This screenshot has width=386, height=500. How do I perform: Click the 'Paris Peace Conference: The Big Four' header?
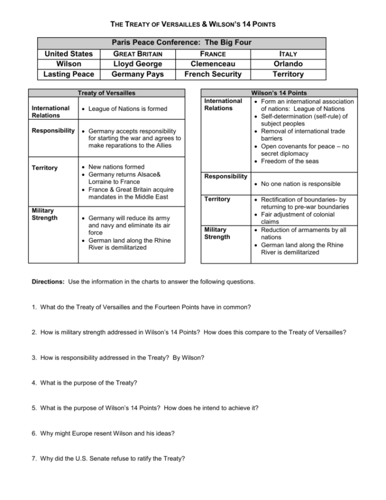(181, 43)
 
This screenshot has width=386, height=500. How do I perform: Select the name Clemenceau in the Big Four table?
(213, 64)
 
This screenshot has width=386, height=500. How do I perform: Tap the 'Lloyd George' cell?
(138, 64)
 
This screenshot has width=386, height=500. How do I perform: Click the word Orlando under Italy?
(288, 64)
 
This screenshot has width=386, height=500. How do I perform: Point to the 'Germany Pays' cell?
(138, 74)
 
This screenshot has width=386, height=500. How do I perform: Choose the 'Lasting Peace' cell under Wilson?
(69, 74)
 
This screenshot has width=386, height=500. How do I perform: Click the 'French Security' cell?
(213, 74)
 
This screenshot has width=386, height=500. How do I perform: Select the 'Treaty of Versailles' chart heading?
(106, 93)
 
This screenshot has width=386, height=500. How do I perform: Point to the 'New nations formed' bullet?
(116, 167)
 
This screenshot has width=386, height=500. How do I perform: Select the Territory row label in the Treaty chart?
(44, 168)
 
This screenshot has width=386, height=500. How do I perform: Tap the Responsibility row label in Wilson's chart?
(226, 176)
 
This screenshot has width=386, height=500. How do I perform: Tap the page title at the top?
(193, 24)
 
